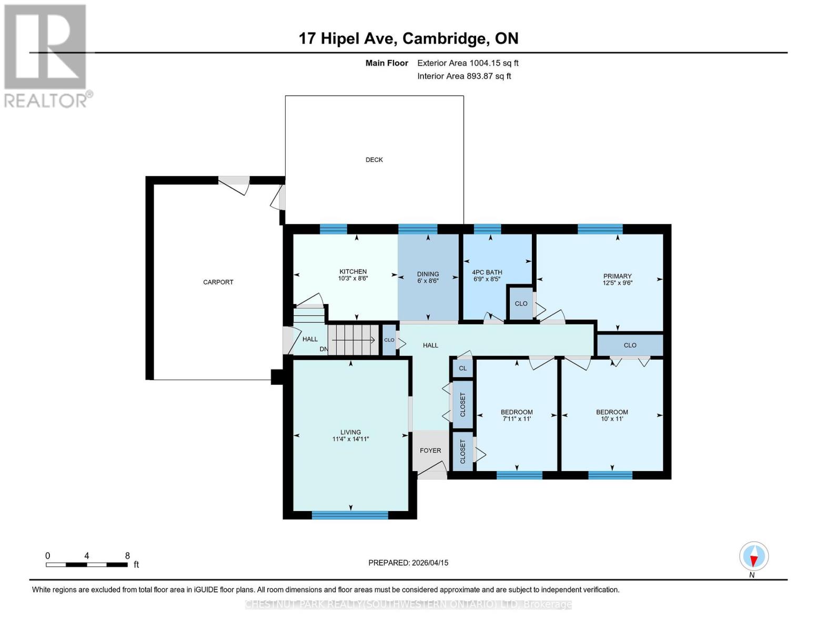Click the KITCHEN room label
(x=352, y=272)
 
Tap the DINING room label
(x=428, y=274)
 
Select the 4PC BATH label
(x=487, y=272)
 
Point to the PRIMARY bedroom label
(x=617, y=276)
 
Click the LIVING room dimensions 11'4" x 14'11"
(x=350, y=439)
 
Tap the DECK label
(x=374, y=160)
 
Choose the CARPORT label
(x=218, y=282)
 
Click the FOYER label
(x=430, y=451)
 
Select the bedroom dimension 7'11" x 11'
(x=517, y=419)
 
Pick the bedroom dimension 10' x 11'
(x=612, y=419)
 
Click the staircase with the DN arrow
(x=353, y=340)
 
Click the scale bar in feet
(x=87, y=565)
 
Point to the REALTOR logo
(x=46, y=55)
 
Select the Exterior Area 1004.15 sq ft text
(x=468, y=63)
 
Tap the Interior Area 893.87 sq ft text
(x=464, y=76)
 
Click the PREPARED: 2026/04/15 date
(x=408, y=563)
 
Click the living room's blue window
(x=350, y=515)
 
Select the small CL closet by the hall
(x=462, y=368)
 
